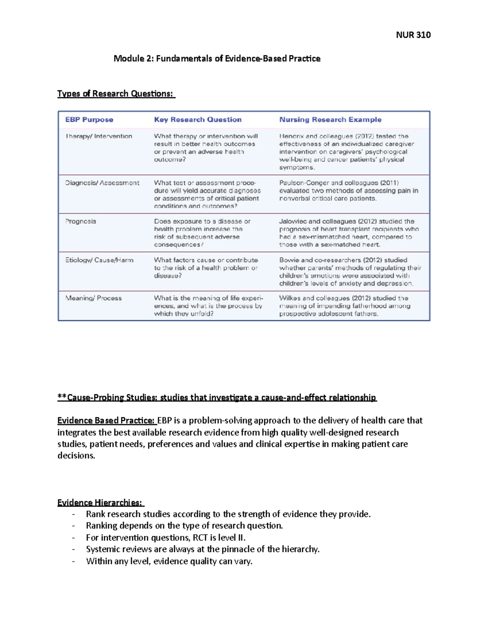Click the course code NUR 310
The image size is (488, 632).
413,35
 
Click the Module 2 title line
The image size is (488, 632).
217,59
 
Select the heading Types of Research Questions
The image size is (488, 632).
116,94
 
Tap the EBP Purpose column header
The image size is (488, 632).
89,120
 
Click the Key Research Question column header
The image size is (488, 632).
198,120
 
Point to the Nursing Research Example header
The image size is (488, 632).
330,120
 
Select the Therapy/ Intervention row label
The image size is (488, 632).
99,136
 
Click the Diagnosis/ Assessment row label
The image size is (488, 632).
102,183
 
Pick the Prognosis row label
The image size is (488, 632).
81,221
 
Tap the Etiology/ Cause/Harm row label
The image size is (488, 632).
99,260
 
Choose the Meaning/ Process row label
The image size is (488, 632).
94,298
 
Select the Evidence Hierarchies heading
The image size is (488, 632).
100,503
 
